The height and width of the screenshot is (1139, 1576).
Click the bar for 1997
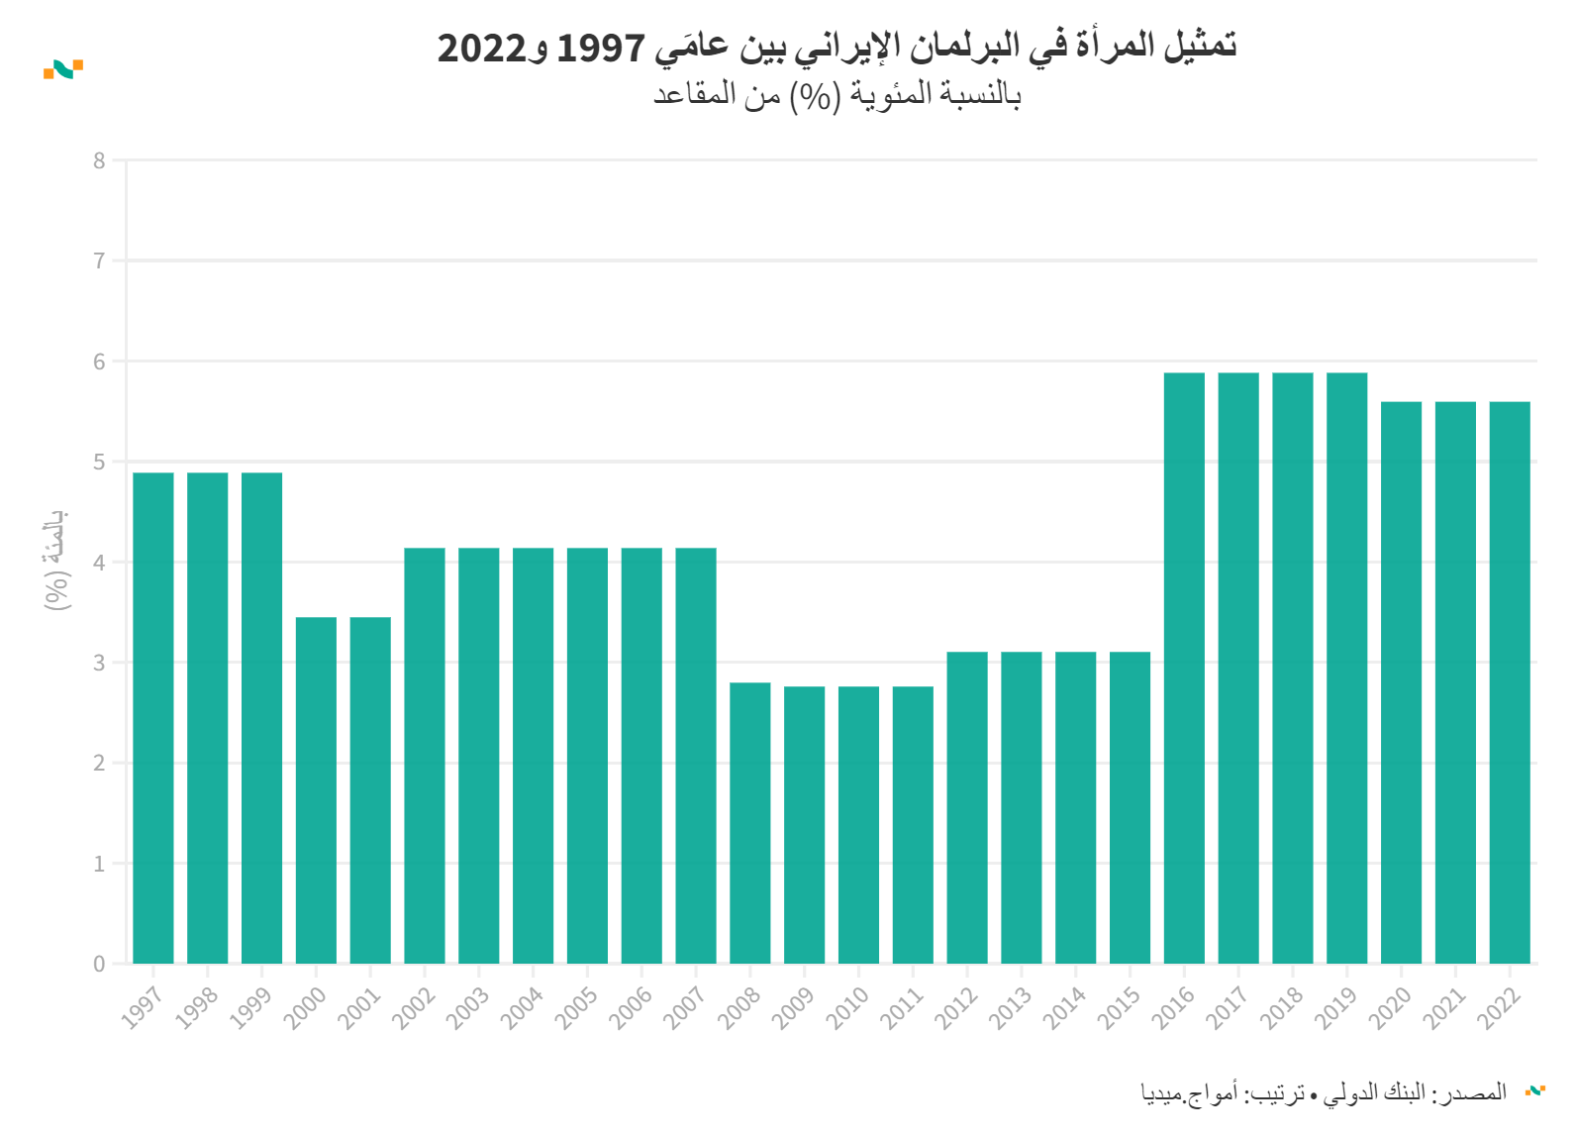tap(153, 718)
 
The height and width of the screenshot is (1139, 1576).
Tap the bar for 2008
tap(750, 823)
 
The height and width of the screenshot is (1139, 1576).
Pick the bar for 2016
tap(1184, 669)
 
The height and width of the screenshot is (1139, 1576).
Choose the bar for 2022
tap(1510, 682)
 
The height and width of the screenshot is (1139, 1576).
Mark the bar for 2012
tap(967, 807)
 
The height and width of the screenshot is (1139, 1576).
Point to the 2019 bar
tap(1346, 669)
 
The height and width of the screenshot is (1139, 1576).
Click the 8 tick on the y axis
tap(99, 160)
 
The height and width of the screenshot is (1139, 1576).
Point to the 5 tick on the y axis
tap(99, 462)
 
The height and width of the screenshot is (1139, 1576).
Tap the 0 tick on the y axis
tap(99, 964)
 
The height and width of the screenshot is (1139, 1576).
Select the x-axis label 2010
tap(847, 1007)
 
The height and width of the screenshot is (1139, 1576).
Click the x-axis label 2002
tap(414, 1007)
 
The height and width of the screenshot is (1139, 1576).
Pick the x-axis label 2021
tap(1444, 1007)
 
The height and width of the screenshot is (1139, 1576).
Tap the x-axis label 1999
tap(250, 1007)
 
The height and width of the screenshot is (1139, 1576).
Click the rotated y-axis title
tap(56, 560)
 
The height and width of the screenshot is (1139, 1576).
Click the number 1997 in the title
tap(602, 47)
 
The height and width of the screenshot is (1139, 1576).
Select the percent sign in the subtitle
tap(815, 96)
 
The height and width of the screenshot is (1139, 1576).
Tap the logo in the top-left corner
tap(63, 69)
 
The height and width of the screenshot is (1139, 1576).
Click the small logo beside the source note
tap(1534, 1090)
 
